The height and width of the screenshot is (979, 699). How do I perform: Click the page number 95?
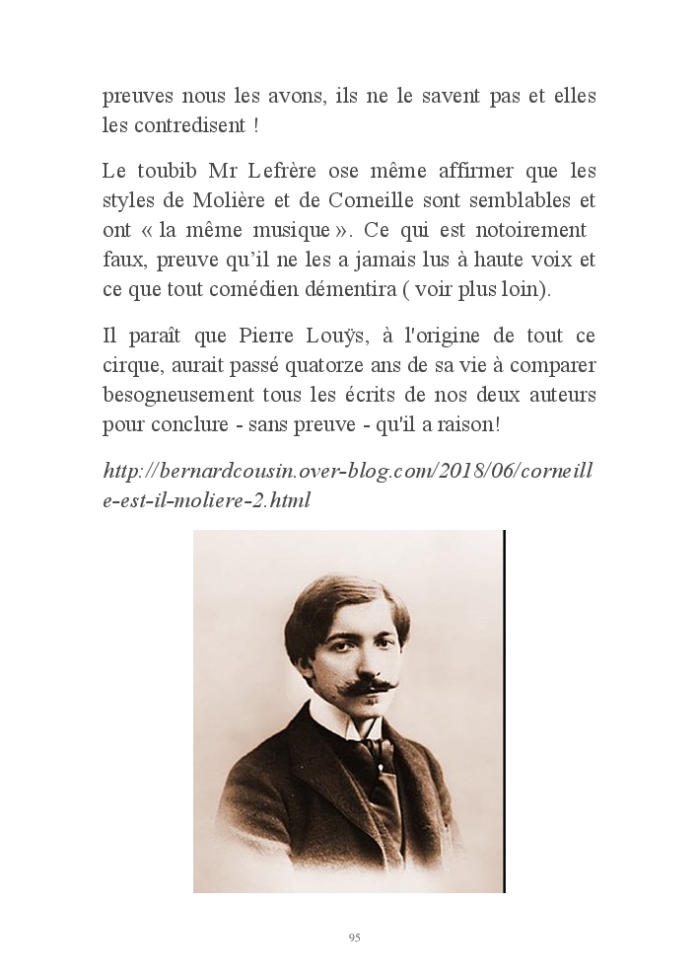(354, 938)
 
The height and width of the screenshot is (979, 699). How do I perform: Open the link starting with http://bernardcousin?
(347, 471)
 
